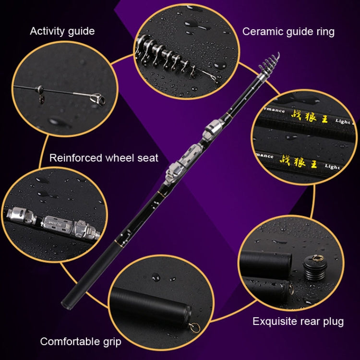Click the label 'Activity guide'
(62, 31)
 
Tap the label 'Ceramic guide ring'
(288, 32)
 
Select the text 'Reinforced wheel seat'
(104, 157)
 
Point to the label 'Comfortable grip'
(81, 342)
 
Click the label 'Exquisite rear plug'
(298, 321)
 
